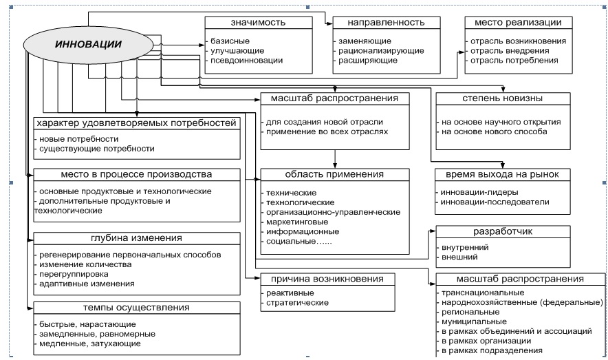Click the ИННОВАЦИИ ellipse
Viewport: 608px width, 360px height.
pos(80,44)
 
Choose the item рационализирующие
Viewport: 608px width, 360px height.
pos(380,51)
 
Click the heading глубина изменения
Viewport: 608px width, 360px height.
pos(137,239)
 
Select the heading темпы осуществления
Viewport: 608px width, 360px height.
pos(137,308)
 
